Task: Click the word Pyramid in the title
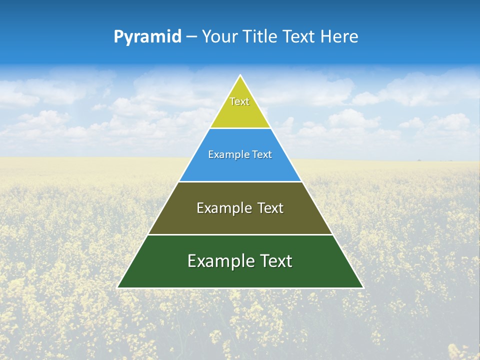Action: (x=147, y=37)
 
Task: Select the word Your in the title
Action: (x=220, y=36)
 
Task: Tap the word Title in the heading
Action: (x=262, y=36)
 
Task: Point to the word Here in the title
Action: (x=339, y=36)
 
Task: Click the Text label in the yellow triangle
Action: (x=239, y=101)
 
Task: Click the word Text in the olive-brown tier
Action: (x=270, y=208)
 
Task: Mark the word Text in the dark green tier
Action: (x=274, y=261)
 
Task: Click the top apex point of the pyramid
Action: (x=240, y=75)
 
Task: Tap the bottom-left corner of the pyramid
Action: (x=118, y=287)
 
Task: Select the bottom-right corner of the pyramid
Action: (x=363, y=287)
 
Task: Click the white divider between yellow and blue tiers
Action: (x=240, y=128)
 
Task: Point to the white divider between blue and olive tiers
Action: (x=240, y=181)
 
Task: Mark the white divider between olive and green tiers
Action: (x=240, y=234)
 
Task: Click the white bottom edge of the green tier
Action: (x=240, y=288)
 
